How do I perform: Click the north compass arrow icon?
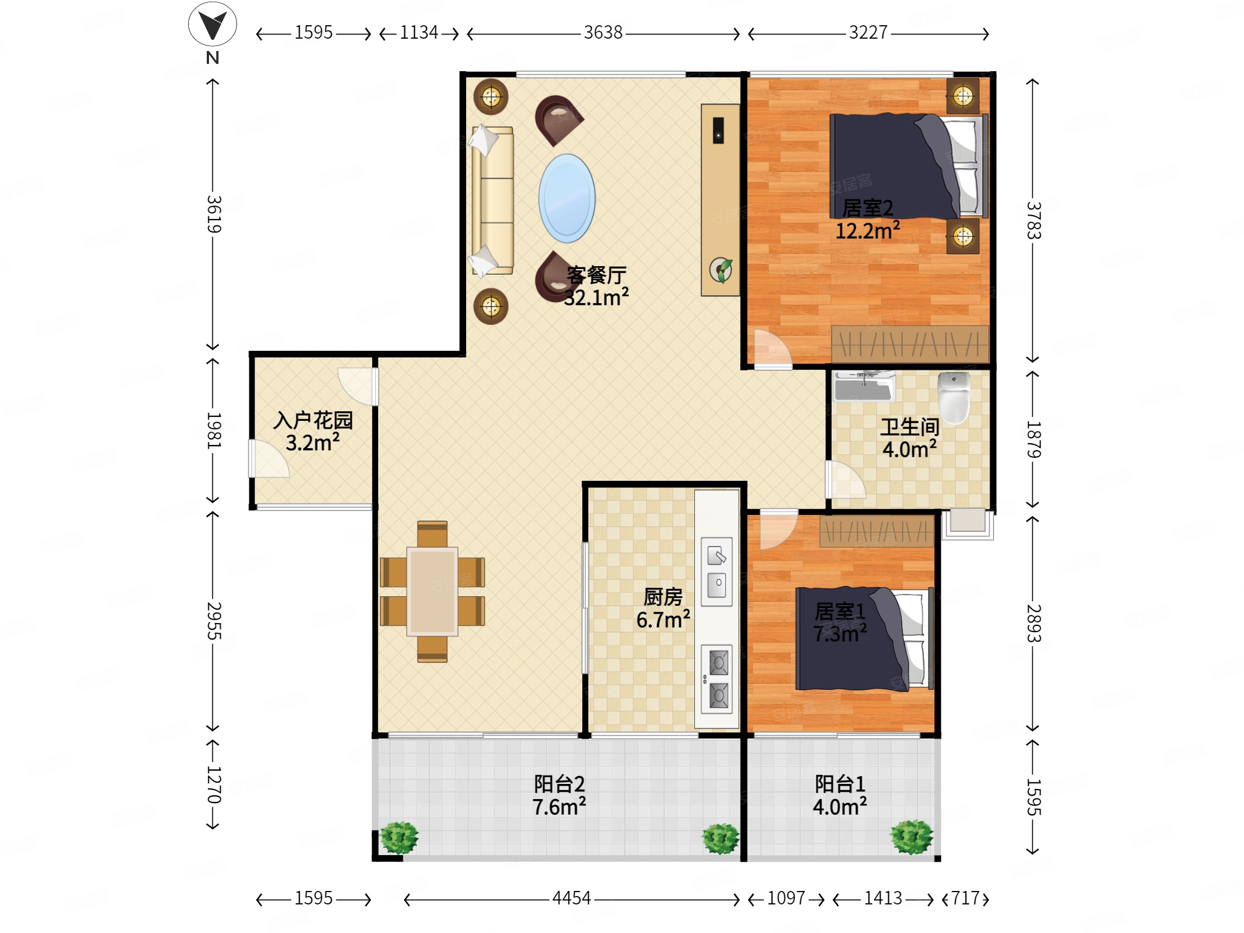pyautogui.click(x=212, y=24)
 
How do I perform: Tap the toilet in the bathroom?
pyautogui.click(x=954, y=398)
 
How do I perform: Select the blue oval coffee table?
pyautogui.click(x=567, y=198)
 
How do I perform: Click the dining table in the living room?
pyautogui.click(x=432, y=591)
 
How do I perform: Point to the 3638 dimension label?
pyautogui.click(x=603, y=33)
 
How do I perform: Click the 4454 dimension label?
pyautogui.click(x=572, y=898)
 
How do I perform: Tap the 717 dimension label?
pyautogui.click(x=966, y=898)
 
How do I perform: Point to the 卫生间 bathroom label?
pyautogui.click(x=909, y=427)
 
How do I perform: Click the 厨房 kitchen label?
pyautogui.click(x=663, y=597)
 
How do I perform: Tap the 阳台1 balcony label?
pyautogui.click(x=839, y=783)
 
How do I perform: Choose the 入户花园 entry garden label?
pyautogui.click(x=313, y=420)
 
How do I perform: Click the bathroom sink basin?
pyautogui.click(x=864, y=386)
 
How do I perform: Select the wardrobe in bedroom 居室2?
pyautogui.click(x=910, y=344)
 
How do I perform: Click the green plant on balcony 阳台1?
pyautogui.click(x=912, y=837)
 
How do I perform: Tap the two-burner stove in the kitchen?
pyautogui.click(x=717, y=679)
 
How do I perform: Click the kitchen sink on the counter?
pyautogui.click(x=717, y=572)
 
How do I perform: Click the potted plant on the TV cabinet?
pyautogui.click(x=721, y=270)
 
